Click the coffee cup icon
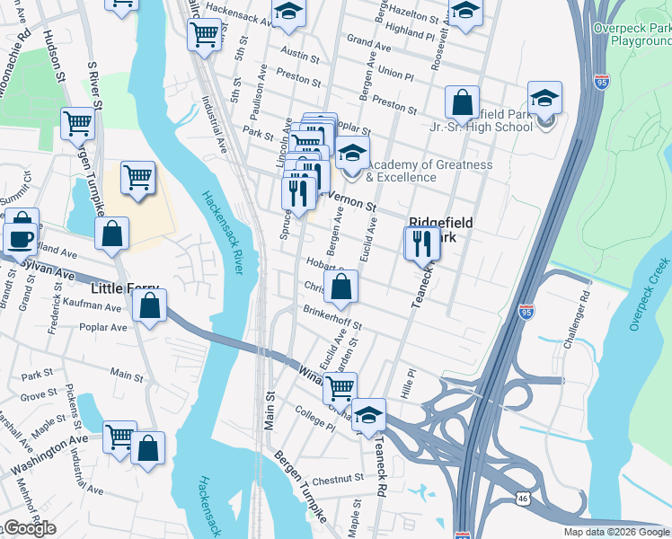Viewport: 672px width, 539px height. click(21, 239)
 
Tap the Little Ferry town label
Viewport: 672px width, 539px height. click(125, 289)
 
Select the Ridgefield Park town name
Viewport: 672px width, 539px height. click(441, 231)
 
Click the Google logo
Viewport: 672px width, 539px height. click(29, 529)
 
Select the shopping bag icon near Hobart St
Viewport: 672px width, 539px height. click(341, 287)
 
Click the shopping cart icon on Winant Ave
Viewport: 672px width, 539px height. click(339, 388)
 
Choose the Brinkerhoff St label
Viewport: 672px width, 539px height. click(332, 318)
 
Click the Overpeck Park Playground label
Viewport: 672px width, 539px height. click(632, 34)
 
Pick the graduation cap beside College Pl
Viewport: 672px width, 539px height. click(368, 414)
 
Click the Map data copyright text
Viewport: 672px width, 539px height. click(616, 532)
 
